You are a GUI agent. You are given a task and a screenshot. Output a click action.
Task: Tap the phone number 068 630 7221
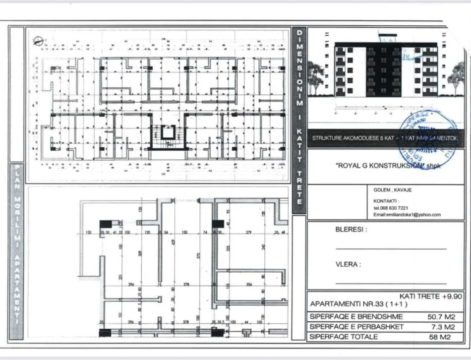tap(391, 208)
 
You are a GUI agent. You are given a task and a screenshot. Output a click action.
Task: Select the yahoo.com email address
tap(407, 215)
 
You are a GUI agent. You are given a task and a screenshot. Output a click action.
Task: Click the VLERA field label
tap(348, 265)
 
